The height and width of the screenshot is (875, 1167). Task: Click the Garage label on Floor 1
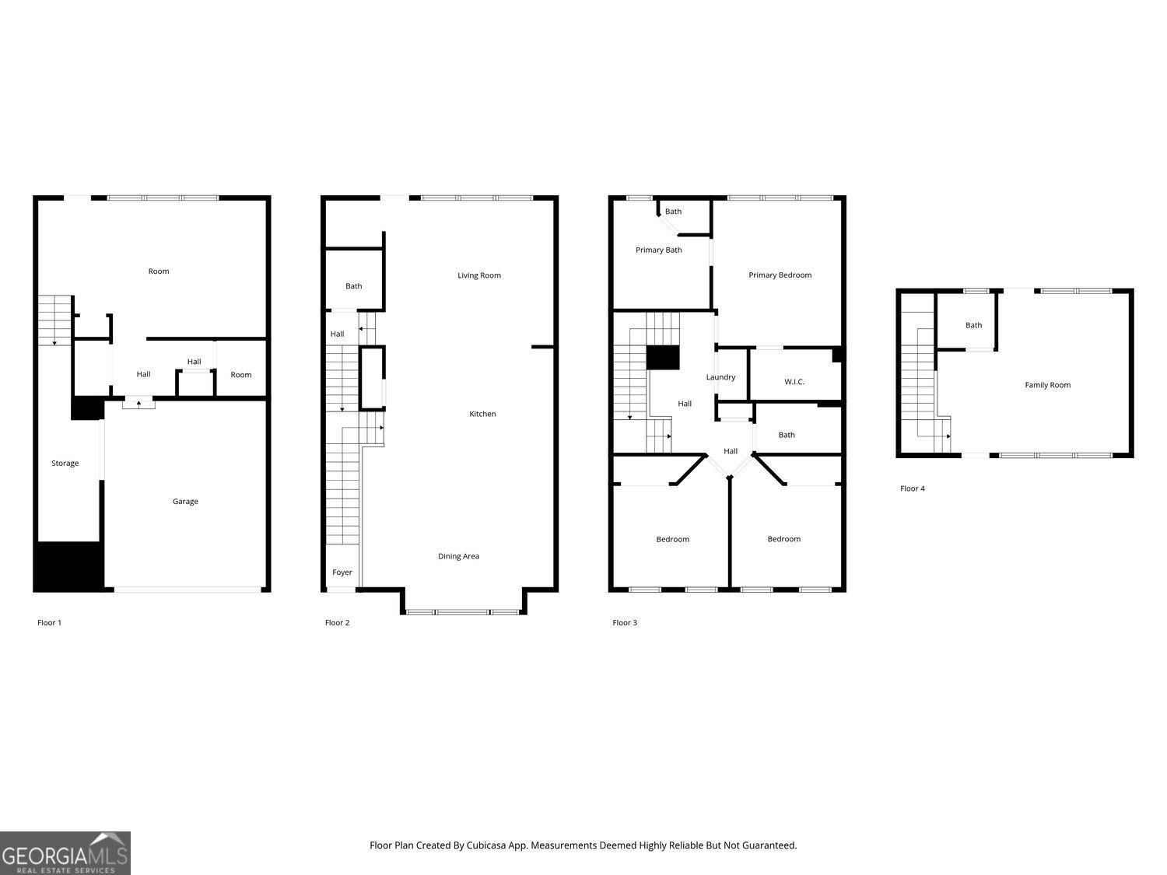click(x=185, y=502)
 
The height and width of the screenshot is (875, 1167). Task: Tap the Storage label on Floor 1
click(x=65, y=464)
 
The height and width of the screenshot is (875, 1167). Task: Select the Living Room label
click(x=478, y=275)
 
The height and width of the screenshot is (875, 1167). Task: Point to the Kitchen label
click(x=482, y=414)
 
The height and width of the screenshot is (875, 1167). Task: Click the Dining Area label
click(x=458, y=556)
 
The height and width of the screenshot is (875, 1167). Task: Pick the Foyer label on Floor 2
click(x=342, y=572)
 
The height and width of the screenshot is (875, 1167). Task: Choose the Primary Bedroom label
click(x=780, y=275)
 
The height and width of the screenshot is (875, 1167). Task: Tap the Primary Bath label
click(x=658, y=250)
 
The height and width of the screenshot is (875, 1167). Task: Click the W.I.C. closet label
click(x=794, y=382)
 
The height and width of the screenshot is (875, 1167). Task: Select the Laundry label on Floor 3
click(x=720, y=377)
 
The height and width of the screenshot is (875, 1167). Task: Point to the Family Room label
click(x=1047, y=385)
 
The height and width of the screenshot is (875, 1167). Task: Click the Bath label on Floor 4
click(x=973, y=326)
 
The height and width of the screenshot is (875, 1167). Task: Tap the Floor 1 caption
click(x=49, y=623)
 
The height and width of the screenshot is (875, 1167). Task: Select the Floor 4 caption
click(x=912, y=489)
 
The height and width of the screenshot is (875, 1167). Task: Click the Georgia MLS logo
click(x=65, y=853)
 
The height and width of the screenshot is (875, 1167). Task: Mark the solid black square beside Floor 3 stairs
click(x=663, y=358)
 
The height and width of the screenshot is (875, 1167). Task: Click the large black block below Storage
click(x=68, y=566)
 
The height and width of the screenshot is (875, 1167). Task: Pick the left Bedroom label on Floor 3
click(x=672, y=540)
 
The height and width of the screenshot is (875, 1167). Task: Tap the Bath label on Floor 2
click(x=353, y=286)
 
